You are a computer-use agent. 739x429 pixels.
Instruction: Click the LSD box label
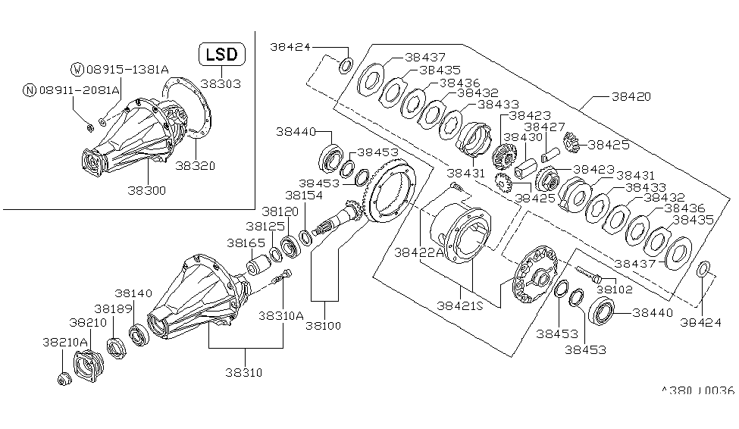pyautogui.click(x=222, y=54)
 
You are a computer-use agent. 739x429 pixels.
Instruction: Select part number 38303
pyautogui.click(x=221, y=84)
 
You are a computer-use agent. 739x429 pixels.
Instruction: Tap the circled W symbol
pyautogui.click(x=77, y=70)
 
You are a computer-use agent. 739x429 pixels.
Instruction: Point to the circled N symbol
pyautogui.click(x=30, y=90)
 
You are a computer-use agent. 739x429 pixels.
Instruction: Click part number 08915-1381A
pyautogui.click(x=127, y=70)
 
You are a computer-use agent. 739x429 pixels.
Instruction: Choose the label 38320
pyautogui.click(x=196, y=166)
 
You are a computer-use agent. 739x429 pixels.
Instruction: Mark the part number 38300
pyautogui.click(x=146, y=190)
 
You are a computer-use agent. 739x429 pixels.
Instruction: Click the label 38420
pyautogui.click(x=631, y=97)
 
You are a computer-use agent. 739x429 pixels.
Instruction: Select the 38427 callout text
pyautogui.click(x=544, y=127)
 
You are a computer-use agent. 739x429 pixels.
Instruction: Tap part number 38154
pyautogui.click(x=304, y=195)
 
